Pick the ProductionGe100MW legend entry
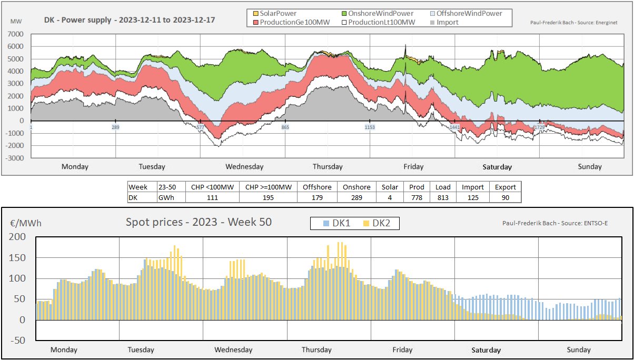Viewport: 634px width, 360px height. tap(288, 22)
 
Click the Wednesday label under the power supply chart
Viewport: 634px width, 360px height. tap(244, 167)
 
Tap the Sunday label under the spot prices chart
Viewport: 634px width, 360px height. tap(579, 350)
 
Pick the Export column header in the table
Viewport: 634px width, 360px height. tap(505, 187)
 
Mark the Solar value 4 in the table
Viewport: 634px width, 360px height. tap(390, 197)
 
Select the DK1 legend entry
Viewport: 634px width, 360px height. tap(335, 224)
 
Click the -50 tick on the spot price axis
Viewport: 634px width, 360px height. tap(18, 341)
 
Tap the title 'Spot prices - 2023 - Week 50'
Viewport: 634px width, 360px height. tap(199, 222)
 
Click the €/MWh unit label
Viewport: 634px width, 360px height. tap(26, 223)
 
